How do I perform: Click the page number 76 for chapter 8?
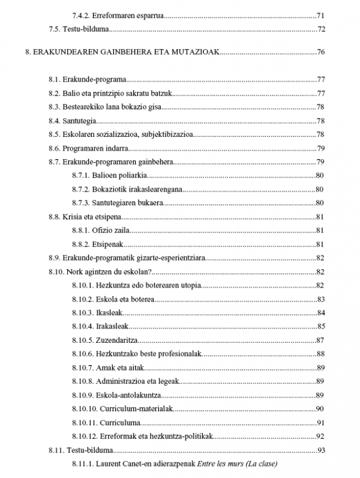pos(321,52)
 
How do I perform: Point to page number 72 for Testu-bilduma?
pos(321,29)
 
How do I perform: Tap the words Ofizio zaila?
pos(111,230)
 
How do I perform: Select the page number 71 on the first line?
pos(321,15)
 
